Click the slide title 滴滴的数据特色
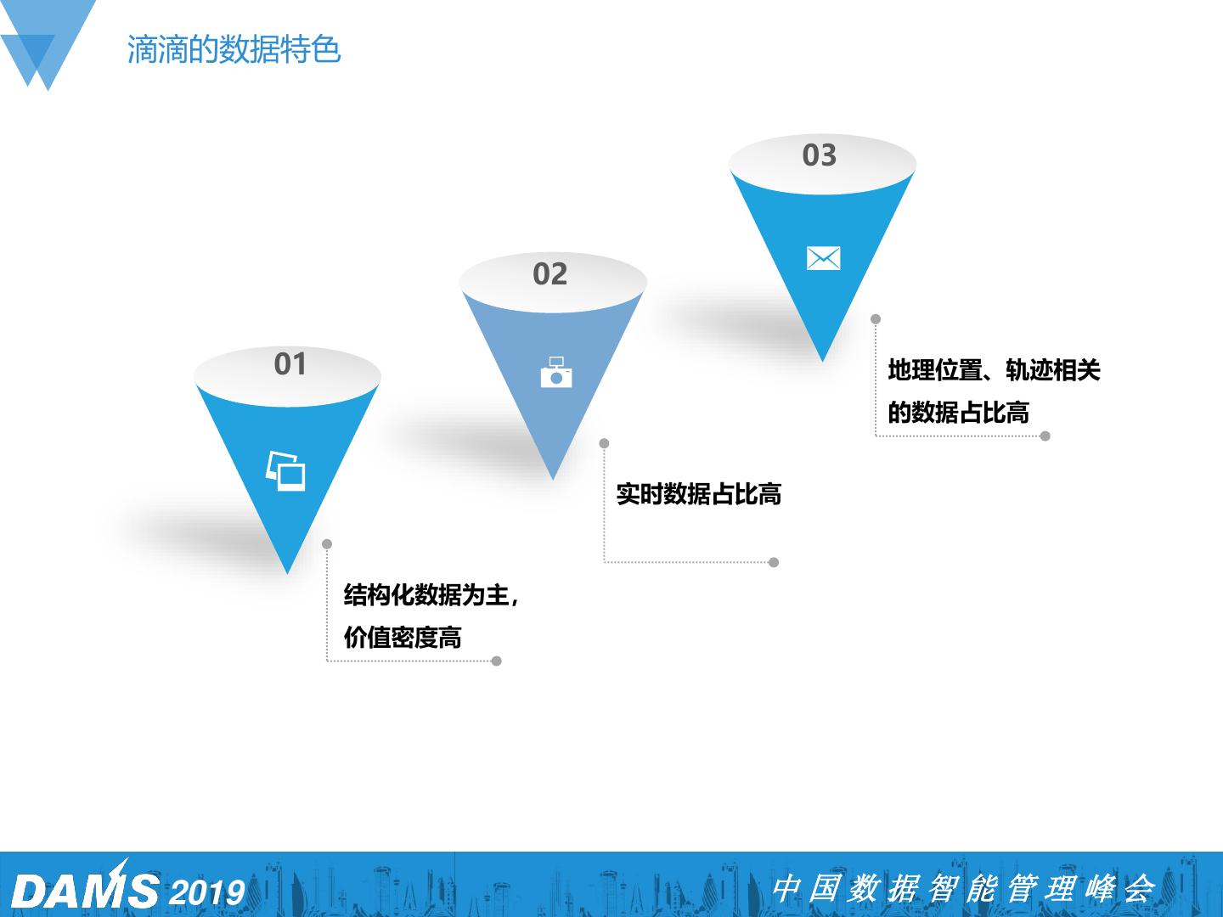pyautogui.click(x=234, y=49)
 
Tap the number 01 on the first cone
pyautogui.click(x=290, y=364)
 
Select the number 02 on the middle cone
pyautogui.click(x=550, y=274)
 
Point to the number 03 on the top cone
pyautogui.click(x=820, y=155)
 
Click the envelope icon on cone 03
pyautogui.click(x=823, y=258)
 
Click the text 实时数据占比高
pyautogui.click(x=698, y=494)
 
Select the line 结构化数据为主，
pyautogui.click(x=431, y=595)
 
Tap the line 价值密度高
pyautogui.click(x=403, y=638)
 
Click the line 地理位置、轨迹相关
pyautogui.click(x=994, y=370)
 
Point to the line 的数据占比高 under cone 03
pyautogui.click(x=958, y=413)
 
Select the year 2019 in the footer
pyautogui.click(x=207, y=892)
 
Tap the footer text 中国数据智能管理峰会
pyautogui.click(x=963, y=889)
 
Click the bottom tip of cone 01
pyautogui.click(x=288, y=571)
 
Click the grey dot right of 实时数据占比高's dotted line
pyautogui.click(x=774, y=562)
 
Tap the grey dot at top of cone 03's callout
pyautogui.click(x=876, y=319)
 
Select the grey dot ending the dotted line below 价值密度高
pyautogui.click(x=497, y=661)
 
